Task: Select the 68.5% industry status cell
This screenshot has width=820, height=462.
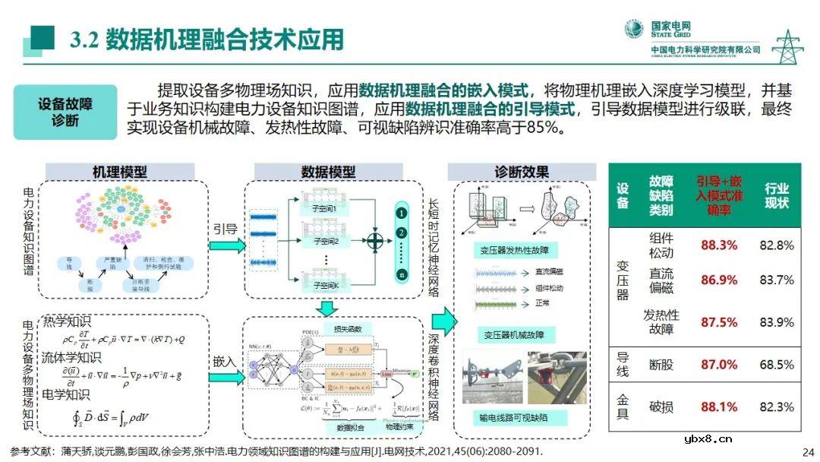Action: tap(776, 365)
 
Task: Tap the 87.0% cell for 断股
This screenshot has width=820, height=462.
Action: tap(719, 365)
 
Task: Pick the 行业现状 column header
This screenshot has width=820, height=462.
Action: tap(776, 195)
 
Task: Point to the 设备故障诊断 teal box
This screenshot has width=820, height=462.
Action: tap(65, 112)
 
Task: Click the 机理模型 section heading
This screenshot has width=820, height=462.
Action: tap(120, 172)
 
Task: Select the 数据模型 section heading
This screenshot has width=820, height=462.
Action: tap(328, 172)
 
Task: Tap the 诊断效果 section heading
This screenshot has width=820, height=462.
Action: tap(521, 172)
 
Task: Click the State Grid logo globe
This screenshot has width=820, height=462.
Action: tap(633, 30)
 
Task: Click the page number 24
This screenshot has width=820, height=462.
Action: tap(807, 450)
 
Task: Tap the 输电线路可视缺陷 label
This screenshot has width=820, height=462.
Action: tap(513, 417)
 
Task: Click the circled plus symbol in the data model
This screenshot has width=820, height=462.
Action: tap(375, 241)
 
